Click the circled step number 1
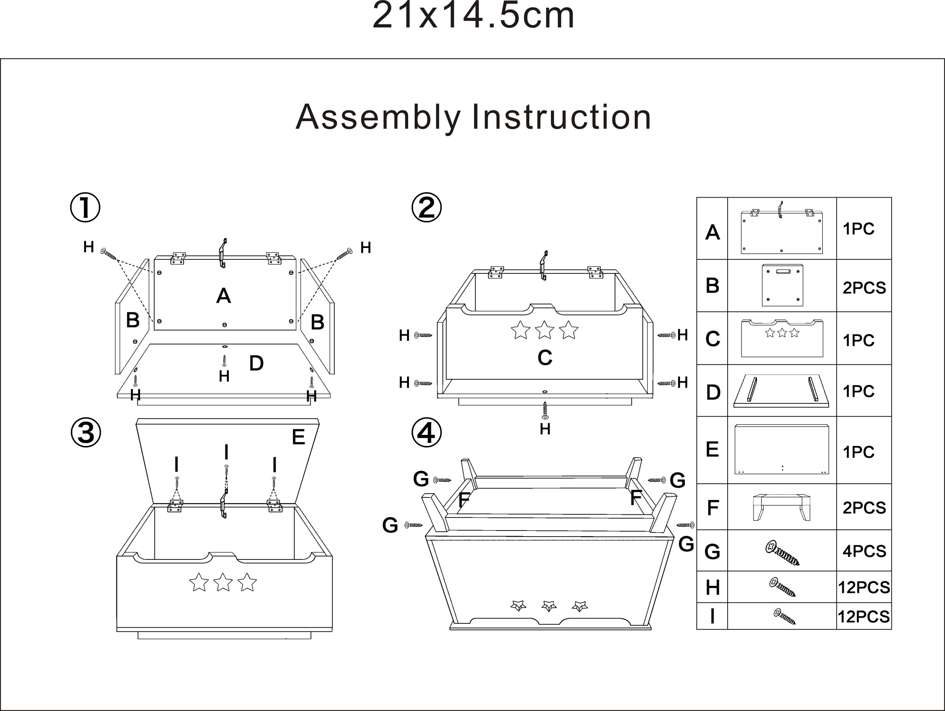pos(85,208)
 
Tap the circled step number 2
pos(426,208)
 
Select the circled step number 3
pos(86,433)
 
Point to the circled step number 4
pos(426,433)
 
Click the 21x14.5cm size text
pos(473,16)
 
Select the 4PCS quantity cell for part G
pos(864,551)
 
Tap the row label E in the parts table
pos(712,449)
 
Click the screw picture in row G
pos(782,553)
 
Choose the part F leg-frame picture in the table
pos(781,507)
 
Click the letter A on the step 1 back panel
pos(223,296)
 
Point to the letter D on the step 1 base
pos(256,363)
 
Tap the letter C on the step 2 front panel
pos(545,358)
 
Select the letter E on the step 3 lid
pos(298,437)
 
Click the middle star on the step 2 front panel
pos(545,330)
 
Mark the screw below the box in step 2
pos(545,410)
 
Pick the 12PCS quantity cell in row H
pos(864,588)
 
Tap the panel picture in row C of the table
pos(782,338)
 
